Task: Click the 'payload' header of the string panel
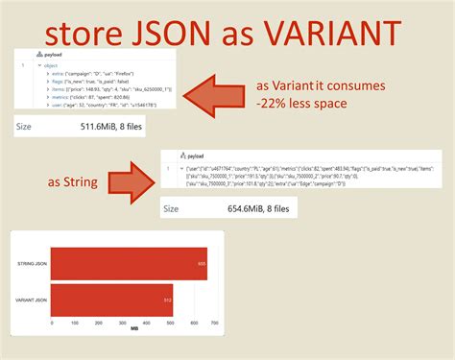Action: [198, 155]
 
